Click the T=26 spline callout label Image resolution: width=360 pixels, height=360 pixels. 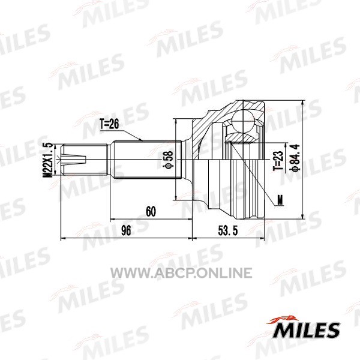click(109, 124)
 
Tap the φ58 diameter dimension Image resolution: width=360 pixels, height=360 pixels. click(168, 160)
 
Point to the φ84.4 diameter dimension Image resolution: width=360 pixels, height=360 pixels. click(295, 157)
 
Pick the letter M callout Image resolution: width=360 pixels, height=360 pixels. click(280, 200)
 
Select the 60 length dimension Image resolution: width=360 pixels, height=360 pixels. click(151, 211)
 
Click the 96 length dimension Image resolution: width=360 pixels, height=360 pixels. click(126, 230)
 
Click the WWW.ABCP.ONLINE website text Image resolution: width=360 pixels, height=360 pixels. click(181, 273)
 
